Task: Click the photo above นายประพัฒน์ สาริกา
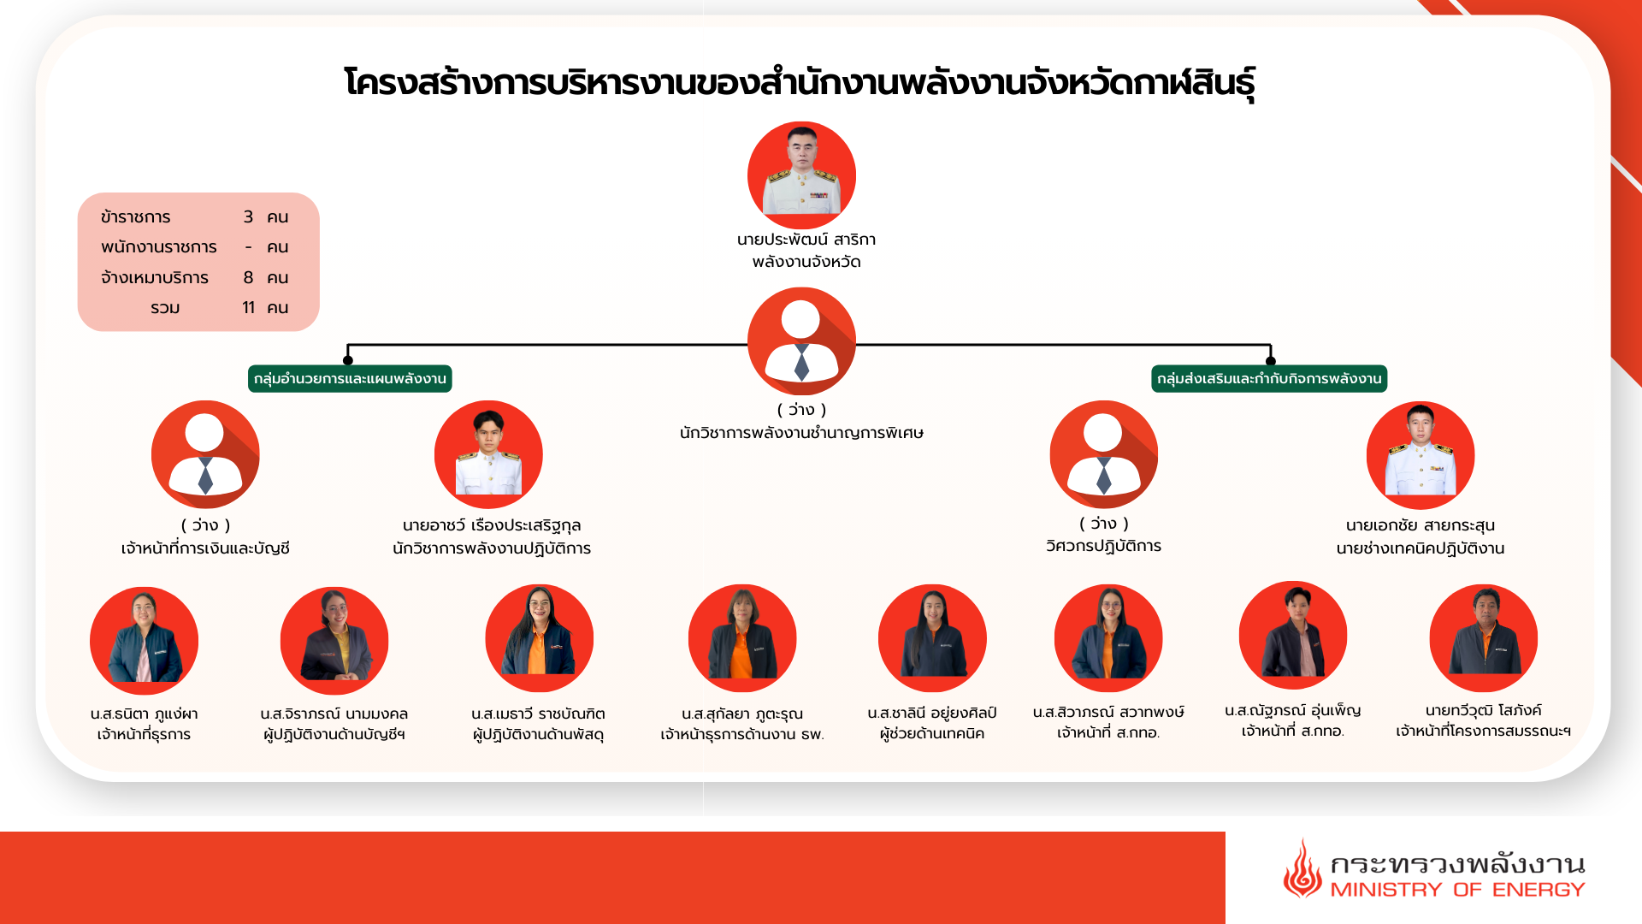(x=801, y=175)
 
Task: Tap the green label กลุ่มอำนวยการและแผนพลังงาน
(x=350, y=379)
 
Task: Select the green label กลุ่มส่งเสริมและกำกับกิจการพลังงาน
(x=1269, y=379)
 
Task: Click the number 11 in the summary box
(x=248, y=307)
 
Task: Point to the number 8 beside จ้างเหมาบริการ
(x=248, y=277)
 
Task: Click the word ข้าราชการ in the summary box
(x=135, y=217)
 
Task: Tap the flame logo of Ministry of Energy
(x=1302, y=868)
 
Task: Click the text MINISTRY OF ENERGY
(x=1457, y=890)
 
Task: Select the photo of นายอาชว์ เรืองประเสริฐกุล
(x=488, y=454)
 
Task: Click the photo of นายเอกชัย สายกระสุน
(x=1421, y=455)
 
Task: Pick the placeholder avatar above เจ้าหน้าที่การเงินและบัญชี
(x=205, y=454)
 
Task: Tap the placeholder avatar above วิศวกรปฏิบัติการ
(x=1104, y=454)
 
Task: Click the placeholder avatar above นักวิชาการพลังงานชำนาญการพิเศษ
(x=801, y=341)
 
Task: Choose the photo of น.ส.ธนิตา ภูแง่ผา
(x=144, y=640)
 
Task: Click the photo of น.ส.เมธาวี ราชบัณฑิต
(x=539, y=638)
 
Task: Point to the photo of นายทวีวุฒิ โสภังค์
(x=1483, y=638)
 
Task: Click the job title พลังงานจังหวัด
(x=806, y=262)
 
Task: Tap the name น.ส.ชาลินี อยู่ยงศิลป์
(x=932, y=714)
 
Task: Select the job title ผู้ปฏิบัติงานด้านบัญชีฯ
(x=334, y=734)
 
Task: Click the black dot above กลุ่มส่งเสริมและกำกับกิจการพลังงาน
(x=1271, y=360)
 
